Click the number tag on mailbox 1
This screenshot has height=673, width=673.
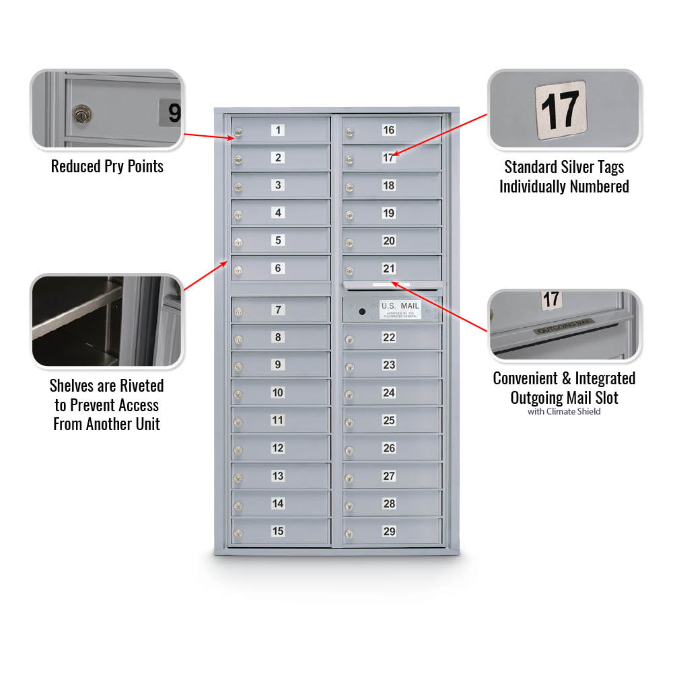[x=278, y=130]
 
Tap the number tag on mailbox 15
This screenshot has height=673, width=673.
[x=278, y=531]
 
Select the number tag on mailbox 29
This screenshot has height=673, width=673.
[x=389, y=531]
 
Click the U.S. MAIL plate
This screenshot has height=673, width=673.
[x=400, y=309]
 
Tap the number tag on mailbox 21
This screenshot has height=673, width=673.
[x=389, y=269]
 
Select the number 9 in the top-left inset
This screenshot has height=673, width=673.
[x=172, y=112]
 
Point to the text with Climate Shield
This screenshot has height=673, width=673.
[x=564, y=411]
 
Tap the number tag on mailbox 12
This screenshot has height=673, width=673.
[x=278, y=448]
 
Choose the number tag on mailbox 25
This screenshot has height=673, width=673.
[x=389, y=420]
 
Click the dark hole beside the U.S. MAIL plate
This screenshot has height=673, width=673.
[x=362, y=312]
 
